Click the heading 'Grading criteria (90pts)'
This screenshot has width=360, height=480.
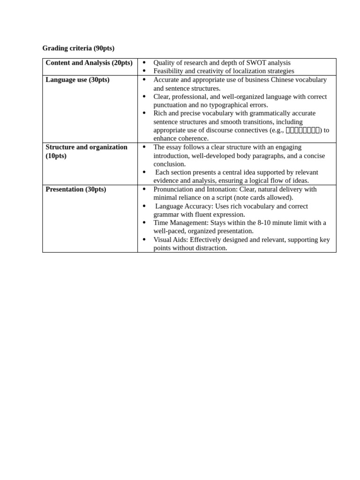point(78,48)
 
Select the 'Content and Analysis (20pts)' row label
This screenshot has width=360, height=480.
point(89,63)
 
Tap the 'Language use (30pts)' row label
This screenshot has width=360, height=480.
point(77,80)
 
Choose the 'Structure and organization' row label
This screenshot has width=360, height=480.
point(86,147)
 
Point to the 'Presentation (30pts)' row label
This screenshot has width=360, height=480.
point(76,189)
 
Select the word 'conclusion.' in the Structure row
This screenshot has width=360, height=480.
point(170,164)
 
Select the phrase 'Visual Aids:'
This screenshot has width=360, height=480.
point(171,240)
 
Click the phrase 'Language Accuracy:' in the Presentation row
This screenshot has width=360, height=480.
point(184,206)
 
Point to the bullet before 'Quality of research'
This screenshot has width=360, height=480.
point(144,63)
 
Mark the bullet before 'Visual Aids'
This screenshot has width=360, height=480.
point(144,240)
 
